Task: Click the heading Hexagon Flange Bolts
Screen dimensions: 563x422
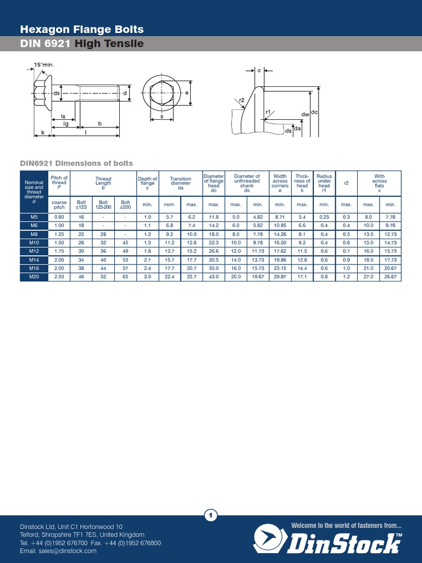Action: [x=82, y=30]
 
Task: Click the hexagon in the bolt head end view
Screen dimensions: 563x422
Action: [x=162, y=93]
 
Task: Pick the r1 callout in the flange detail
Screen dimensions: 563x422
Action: [x=268, y=112]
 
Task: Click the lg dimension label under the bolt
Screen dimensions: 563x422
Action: [x=66, y=124]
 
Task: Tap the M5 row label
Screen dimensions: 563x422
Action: [x=34, y=217]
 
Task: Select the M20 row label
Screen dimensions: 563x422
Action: [x=34, y=277]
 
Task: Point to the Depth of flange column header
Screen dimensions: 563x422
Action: [x=147, y=183]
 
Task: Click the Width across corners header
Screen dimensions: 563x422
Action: [x=280, y=183]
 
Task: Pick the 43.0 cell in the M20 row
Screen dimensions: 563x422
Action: [x=214, y=277]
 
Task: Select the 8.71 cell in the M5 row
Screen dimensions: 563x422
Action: [x=280, y=217]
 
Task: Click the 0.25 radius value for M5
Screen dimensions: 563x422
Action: [x=324, y=217]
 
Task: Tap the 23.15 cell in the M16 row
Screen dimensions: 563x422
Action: [x=280, y=268]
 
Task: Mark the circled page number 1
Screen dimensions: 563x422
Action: [x=211, y=515]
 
